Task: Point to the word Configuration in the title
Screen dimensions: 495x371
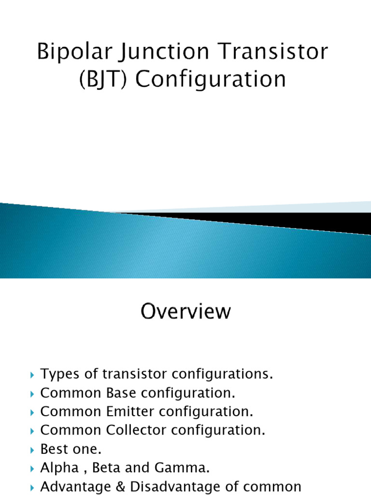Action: (x=211, y=79)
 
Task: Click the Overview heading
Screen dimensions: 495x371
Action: (x=185, y=312)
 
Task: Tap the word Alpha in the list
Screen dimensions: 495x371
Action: (x=57, y=468)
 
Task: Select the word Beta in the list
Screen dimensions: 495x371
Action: (x=117, y=468)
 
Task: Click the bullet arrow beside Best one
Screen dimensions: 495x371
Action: (x=32, y=450)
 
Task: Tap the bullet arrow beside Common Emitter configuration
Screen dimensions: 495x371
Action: (x=32, y=412)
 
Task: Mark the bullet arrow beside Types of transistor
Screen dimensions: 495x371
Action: (x=32, y=375)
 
